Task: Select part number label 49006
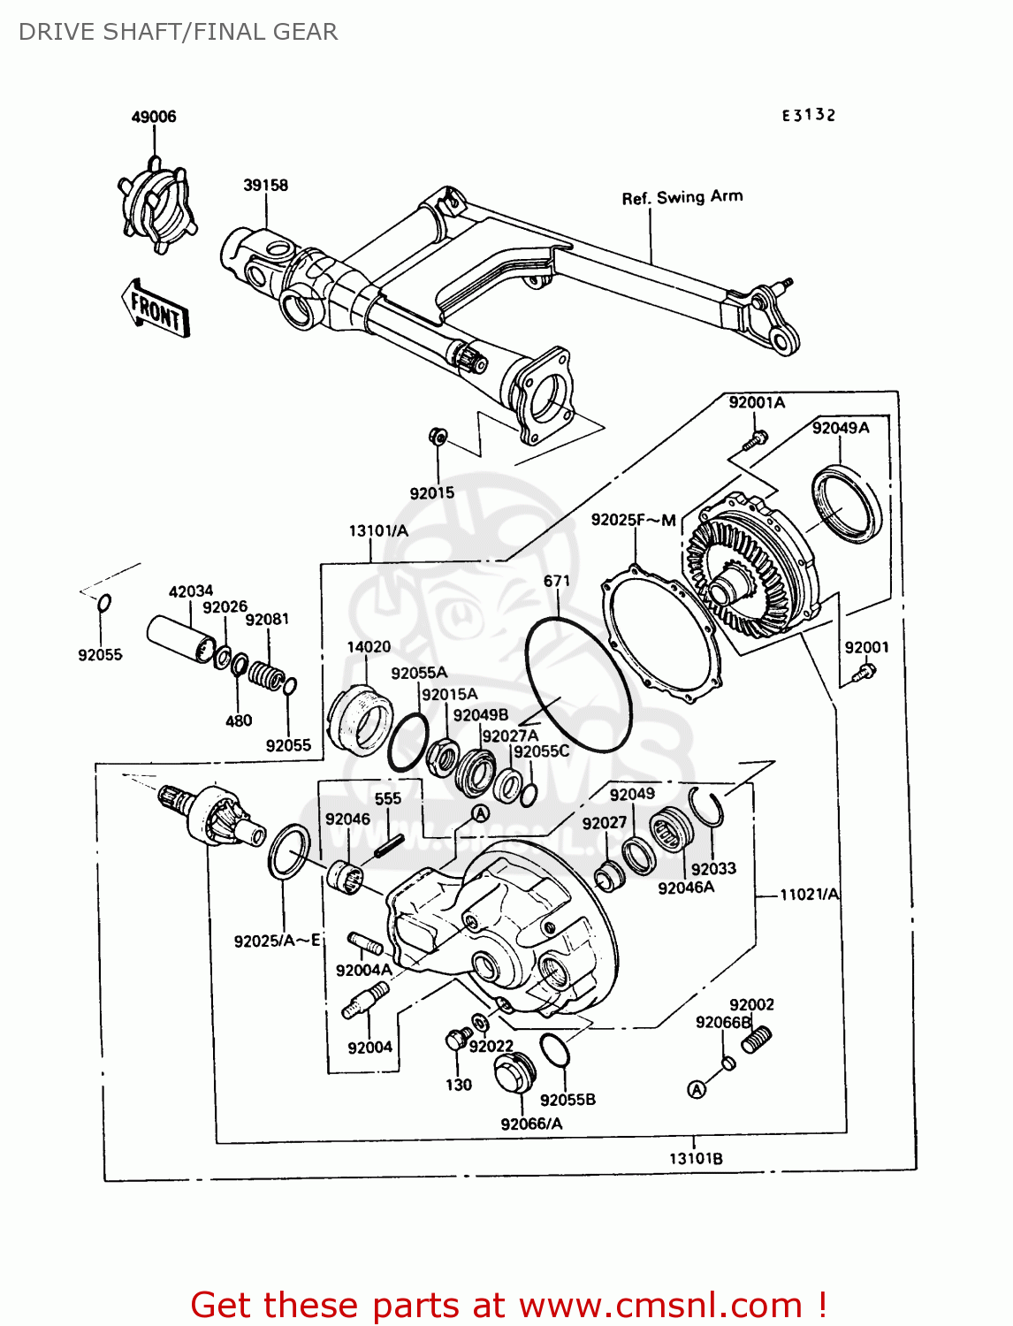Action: point(154,117)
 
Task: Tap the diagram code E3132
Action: point(808,115)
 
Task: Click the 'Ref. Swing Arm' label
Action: point(682,197)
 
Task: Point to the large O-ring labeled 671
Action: point(578,685)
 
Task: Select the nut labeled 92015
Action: point(438,437)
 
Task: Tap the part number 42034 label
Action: point(191,591)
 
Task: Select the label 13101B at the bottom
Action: point(696,1159)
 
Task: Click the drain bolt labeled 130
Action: point(458,1039)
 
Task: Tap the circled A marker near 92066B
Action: point(697,1090)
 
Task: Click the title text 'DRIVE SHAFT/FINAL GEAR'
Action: point(178,32)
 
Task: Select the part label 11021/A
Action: point(809,895)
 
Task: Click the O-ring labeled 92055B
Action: point(554,1050)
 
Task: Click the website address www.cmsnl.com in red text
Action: point(660,1305)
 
